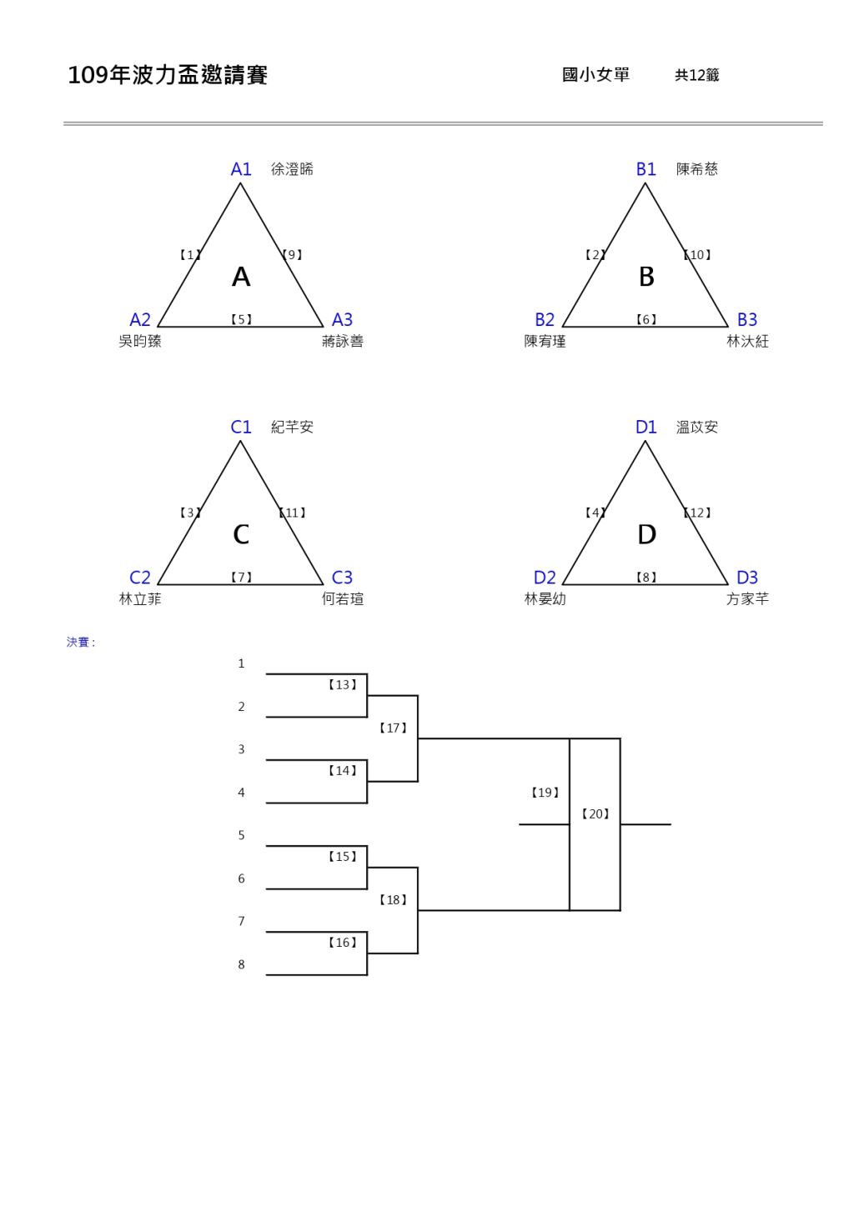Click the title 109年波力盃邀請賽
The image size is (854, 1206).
[167, 76]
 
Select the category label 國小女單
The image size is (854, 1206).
[595, 75]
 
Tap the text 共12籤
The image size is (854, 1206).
[696, 76]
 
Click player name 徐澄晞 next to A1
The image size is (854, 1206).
[292, 169]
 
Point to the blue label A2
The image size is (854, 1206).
[140, 320]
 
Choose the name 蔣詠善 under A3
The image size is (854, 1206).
[343, 342]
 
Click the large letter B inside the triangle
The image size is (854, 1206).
[646, 277]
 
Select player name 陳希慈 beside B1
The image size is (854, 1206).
[697, 169]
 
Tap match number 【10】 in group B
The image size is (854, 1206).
[697, 255]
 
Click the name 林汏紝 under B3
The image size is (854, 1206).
[747, 342]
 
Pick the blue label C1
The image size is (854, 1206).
[241, 428]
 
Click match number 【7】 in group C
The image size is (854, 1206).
[241, 578]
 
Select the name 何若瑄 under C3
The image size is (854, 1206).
[343, 599]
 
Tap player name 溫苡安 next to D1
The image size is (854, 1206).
[697, 428]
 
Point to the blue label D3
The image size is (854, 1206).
[747, 578]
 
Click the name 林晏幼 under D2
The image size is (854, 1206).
[545, 599]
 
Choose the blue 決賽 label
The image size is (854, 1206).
[81, 643]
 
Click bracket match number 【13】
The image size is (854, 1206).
[342, 685]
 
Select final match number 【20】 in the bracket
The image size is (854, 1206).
[595, 814]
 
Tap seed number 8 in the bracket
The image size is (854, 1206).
[242, 965]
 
